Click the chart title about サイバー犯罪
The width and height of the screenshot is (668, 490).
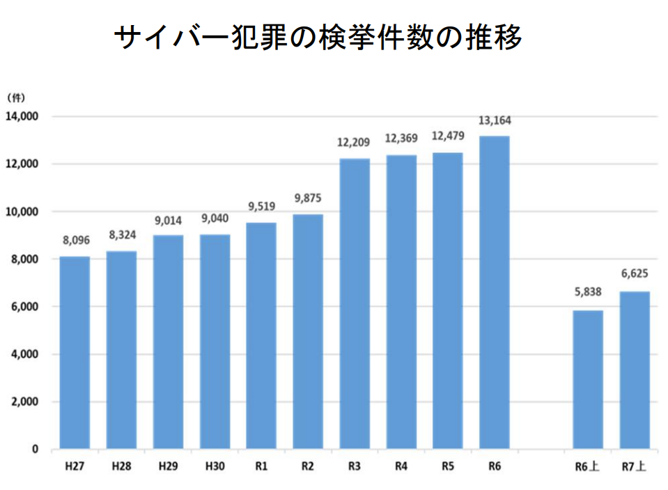click(x=318, y=38)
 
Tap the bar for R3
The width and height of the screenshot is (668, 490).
click(x=355, y=303)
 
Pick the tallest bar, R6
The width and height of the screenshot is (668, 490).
click(x=495, y=292)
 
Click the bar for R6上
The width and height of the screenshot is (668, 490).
click(x=588, y=379)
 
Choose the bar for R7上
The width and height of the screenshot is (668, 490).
click(x=635, y=370)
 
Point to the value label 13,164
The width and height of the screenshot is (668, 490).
click(x=495, y=121)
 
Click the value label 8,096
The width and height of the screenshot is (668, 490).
click(x=75, y=242)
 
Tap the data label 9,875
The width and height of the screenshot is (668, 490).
click(x=308, y=199)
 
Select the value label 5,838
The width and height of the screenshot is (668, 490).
click(x=588, y=295)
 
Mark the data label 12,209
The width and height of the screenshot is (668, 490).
click(x=355, y=143)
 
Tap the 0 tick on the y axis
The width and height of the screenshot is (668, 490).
click(x=35, y=450)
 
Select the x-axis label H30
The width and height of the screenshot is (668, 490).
click(x=215, y=466)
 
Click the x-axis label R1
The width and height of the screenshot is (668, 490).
click(x=261, y=466)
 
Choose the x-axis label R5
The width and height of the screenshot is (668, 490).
click(x=448, y=466)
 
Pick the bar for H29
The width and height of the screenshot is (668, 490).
click(x=168, y=342)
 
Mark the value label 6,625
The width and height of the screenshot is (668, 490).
click(x=635, y=276)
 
